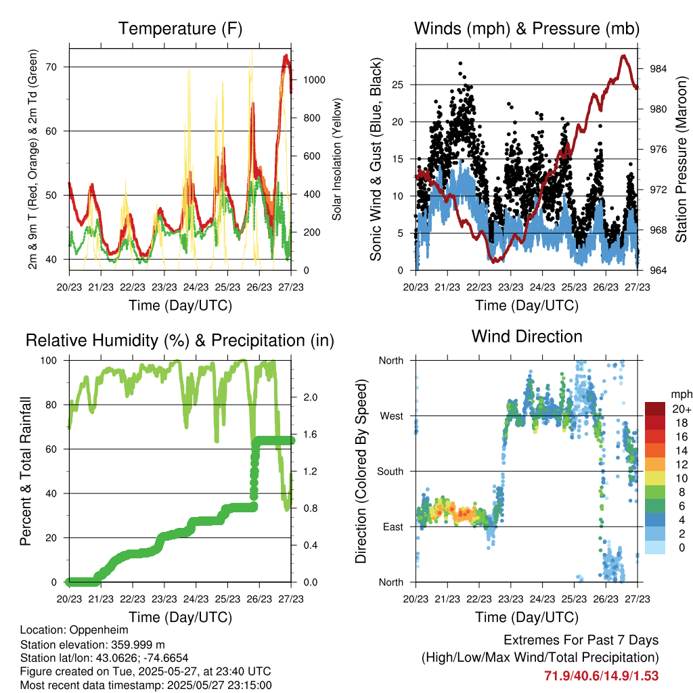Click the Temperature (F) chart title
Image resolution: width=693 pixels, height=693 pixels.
click(180, 28)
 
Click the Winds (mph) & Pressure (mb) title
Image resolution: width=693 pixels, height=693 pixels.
click(527, 28)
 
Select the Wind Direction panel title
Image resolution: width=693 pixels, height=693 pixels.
click(527, 336)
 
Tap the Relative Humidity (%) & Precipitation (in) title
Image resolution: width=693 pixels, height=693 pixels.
click(180, 341)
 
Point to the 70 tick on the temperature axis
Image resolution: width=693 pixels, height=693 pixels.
click(51, 67)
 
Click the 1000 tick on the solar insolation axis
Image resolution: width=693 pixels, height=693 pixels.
click(314, 80)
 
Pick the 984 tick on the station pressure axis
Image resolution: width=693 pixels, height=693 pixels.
click(658, 69)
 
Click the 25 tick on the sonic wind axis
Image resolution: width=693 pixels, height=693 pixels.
click(398, 85)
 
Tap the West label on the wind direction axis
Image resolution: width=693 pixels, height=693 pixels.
click(392, 416)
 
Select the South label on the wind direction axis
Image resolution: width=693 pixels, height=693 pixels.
click(390, 472)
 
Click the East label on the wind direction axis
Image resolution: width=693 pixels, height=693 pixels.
click(393, 527)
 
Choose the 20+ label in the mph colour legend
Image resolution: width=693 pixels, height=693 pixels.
click(681, 409)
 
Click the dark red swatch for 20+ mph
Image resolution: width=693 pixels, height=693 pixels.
click(655, 409)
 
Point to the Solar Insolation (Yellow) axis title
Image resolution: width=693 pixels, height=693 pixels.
click(337, 159)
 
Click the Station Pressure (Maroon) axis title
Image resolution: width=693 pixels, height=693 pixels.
click(681, 159)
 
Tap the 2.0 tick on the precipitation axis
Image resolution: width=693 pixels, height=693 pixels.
click(310, 397)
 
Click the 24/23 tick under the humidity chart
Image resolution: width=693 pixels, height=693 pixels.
click(196, 600)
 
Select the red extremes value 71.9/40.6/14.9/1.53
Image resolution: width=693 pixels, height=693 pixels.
click(602, 676)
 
